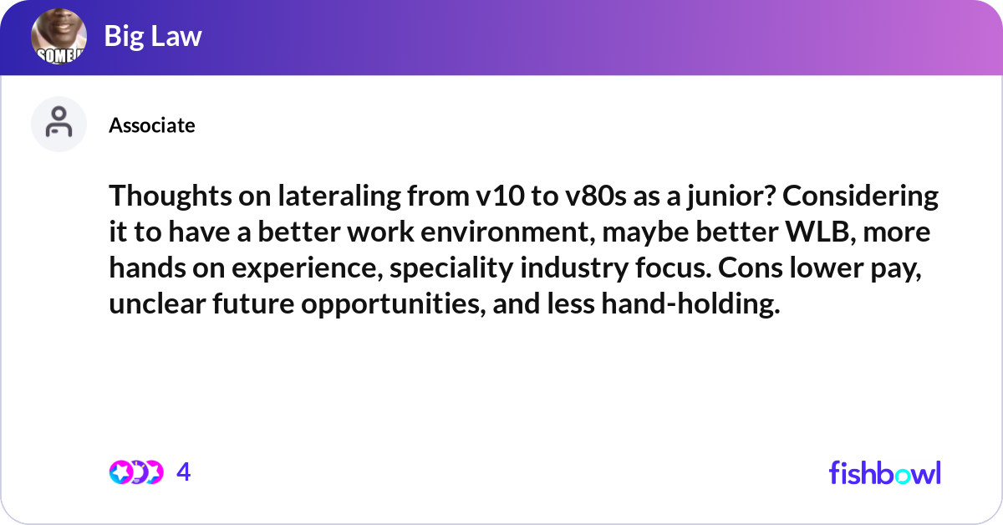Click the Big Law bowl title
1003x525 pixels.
[x=153, y=36]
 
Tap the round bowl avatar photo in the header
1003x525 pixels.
[x=59, y=36]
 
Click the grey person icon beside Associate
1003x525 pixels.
[x=59, y=124]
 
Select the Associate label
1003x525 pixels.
[x=152, y=125]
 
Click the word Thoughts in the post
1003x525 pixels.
[x=171, y=197]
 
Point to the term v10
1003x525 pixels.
[x=500, y=197]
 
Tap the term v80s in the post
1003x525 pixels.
[x=595, y=197]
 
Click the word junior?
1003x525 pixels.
[x=731, y=197]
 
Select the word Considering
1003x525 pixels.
[x=860, y=197]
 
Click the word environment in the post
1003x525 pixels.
[x=508, y=233]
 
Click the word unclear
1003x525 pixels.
[x=157, y=303]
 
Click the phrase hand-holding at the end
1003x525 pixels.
[x=690, y=303]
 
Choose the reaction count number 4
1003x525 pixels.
[x=184, y=472]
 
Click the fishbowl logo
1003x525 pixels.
[x=885, y=472]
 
